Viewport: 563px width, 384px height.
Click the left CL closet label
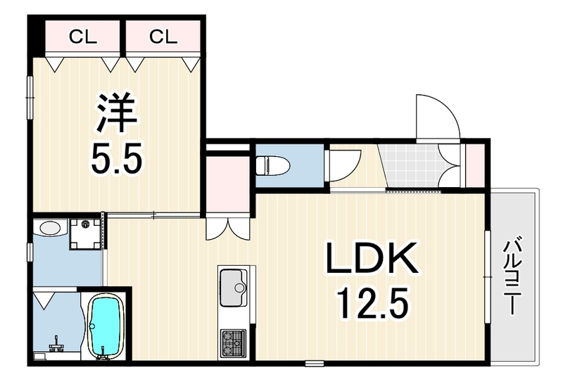click(x=83, y=37)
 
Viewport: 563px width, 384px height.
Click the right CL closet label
click(x=163, y=37)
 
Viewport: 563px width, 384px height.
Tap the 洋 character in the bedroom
click(x=116, y=113)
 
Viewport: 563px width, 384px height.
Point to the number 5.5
click(x=116, y=158)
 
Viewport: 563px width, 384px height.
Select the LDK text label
click(x=372, y=257)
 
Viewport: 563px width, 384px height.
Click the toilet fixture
click(x=273, y=165)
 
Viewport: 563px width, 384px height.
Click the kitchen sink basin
click(x=233, y=288)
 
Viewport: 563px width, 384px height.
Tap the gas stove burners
click(x=234, y=343)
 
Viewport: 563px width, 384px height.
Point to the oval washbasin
click(x=50, y=228)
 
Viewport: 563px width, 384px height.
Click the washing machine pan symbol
click(x=86, y=233)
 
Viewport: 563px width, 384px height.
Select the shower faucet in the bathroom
click(x=56, y=343)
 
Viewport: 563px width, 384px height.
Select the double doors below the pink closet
click(x=227, y=229)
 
